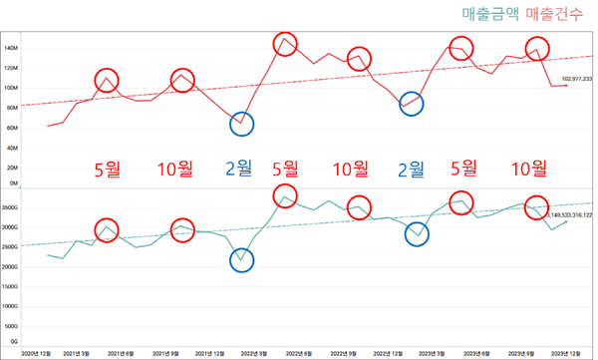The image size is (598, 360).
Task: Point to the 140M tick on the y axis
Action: point(12,48)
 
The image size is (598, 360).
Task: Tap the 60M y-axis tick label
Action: point(12,128)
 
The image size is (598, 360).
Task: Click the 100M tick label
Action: point(12,88)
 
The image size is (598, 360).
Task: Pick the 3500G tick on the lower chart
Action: point(12,208)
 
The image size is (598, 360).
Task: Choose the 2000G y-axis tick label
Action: point(12,267)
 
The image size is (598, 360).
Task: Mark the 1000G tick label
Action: point(12,306)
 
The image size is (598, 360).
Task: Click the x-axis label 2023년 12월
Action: point(566,353)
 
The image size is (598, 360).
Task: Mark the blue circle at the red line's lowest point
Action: point(241,124)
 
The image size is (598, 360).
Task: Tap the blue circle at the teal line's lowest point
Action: point(241,261)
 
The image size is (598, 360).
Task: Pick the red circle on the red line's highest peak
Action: point(285,44)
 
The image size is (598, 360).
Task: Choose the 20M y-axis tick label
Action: point(12,168)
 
